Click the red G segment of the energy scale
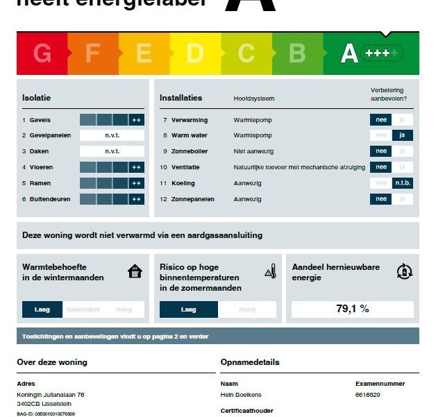coord(42,53)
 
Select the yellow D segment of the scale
coord(195,53)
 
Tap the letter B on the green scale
coord(297,53)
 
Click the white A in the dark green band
coord(349,53)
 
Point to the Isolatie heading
coord(37,98)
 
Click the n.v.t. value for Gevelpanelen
coord(112,135)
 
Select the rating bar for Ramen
coord(112,183)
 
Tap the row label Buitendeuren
coord(49,199)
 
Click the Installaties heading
coord(181,98)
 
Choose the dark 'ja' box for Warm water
coord(403,135)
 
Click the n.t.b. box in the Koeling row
coord(403,183)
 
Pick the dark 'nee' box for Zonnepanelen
coord(380,199)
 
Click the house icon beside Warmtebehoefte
coord(135,271)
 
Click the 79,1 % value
coord(353,309)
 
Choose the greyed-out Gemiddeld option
coord(83,309)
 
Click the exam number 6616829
coord(367,394)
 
